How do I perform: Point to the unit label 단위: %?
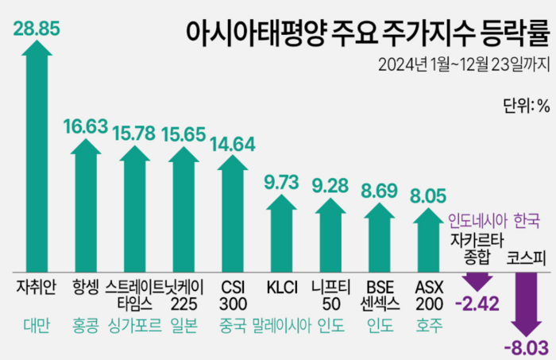click(x=526, y=106)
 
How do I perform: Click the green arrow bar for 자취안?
click(x=36, y=159)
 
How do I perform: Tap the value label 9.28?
click(x=331, y=186)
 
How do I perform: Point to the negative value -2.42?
click(x=476, y=303)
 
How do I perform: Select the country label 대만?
click(x=36, y=325)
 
